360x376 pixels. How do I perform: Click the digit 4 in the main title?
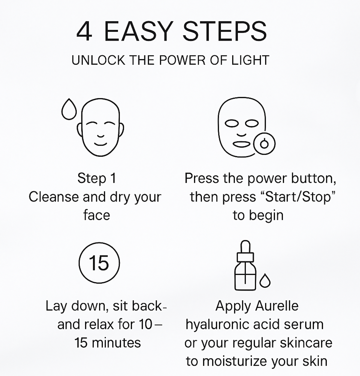84,31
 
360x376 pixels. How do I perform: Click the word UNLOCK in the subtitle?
98,60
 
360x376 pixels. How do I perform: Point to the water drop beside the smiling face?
69,109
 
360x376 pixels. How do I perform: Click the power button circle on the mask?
264,144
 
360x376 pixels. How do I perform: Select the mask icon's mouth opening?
241,144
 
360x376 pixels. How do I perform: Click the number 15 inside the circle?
99,263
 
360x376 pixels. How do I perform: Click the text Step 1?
97,178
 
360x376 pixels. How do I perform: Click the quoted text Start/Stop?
298,197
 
